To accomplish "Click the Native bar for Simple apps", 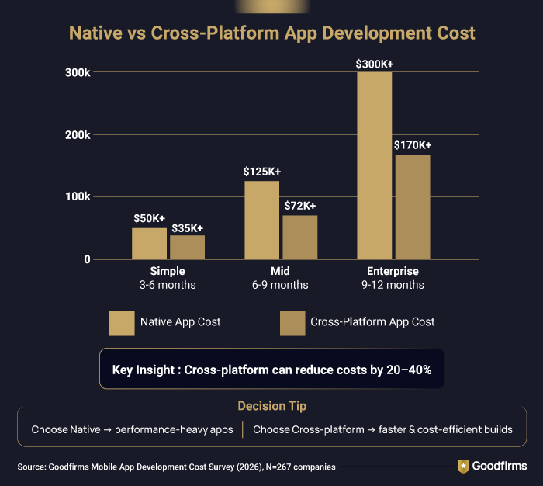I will tap(149, 243).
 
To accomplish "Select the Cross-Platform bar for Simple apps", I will tap(187, 247).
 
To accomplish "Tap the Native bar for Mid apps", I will tap(261, 220).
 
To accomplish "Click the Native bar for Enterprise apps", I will tap(374, 165).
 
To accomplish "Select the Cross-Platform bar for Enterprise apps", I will tap(412, 207).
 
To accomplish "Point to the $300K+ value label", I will tap(374, 64).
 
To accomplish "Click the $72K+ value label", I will tap(300, 206).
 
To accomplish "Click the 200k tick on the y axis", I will tap(78, 134).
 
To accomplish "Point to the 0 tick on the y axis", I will tap(88, 259).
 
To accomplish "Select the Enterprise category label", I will tap(392, 271).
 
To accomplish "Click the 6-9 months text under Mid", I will tap(279, 285).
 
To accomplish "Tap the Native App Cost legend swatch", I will tap(122, 322).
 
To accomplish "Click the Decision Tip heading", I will tap(271, 405).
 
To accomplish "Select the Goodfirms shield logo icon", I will tap(464, 466).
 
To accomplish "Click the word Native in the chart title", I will tap(95, 34).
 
